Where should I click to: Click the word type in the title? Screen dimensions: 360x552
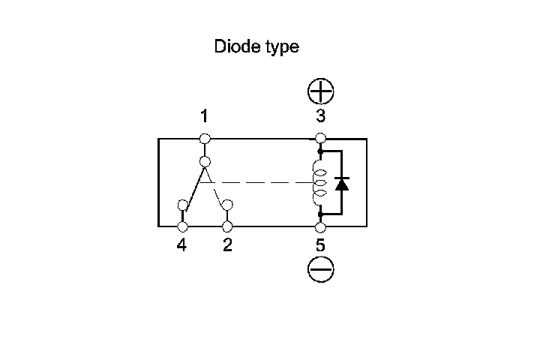(280, 48)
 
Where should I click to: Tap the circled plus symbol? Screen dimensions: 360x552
(321, 92)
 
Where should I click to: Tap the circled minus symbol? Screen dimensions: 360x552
(321, 268)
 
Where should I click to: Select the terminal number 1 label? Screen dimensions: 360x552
(204, 116)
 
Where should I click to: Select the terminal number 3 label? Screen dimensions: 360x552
(321, 116)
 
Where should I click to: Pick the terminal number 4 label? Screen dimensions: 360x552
(181, 245)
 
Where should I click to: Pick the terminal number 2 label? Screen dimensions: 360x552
(227, 245)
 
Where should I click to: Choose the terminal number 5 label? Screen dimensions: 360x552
(321, 245)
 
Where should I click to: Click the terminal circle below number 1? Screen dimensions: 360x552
(205, 138)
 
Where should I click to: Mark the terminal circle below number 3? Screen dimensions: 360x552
(321, 138)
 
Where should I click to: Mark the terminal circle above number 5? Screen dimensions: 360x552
(321, 226)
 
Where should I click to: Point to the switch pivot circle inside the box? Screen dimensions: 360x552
(205, 160)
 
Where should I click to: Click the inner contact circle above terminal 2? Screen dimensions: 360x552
(227, 205)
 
